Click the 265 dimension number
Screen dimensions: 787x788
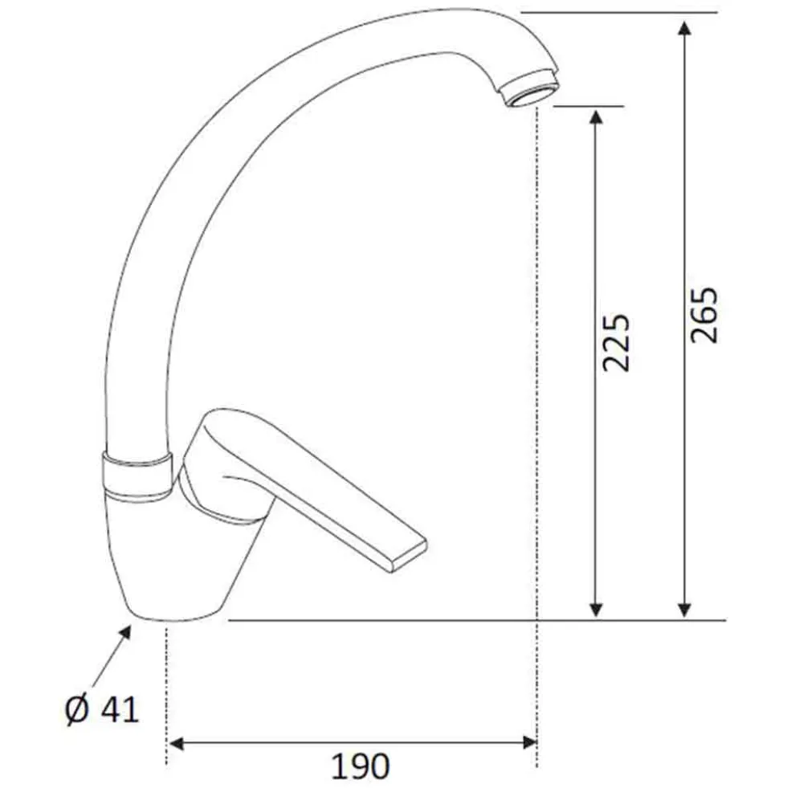[x=704, y=315]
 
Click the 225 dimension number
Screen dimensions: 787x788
[x=616, y=343]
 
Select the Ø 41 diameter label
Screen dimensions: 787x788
[x=102, y=710]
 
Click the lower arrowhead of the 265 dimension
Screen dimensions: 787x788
[x=684, y=610]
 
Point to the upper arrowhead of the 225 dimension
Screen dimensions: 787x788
[x=596, y=117]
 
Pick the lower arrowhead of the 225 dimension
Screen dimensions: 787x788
[x=596, y=610]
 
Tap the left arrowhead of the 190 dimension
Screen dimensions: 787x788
[x=176, y=743]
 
